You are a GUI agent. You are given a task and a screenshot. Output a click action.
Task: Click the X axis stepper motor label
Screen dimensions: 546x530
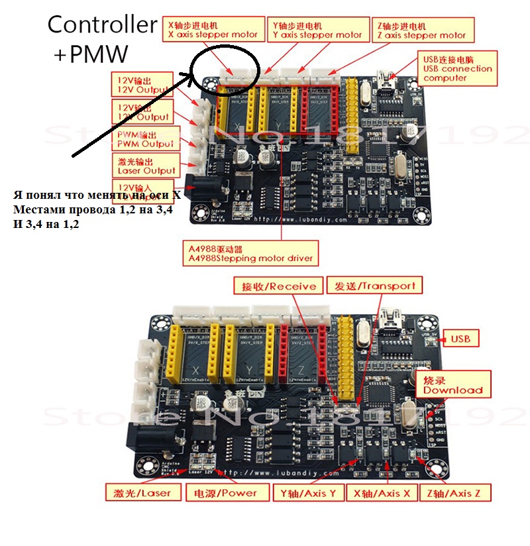coord(211,30)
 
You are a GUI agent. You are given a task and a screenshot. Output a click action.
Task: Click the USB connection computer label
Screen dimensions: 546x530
coord(457,68)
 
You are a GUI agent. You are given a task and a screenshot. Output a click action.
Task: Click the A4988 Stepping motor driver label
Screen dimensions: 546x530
coord(250,253)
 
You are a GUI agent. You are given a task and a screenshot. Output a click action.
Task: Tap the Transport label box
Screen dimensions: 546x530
coord(374,286)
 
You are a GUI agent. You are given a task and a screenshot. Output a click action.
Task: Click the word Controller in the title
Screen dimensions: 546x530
coord(101,26)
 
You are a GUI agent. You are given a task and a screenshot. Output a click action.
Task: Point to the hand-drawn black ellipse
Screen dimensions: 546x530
coord(226,68)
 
